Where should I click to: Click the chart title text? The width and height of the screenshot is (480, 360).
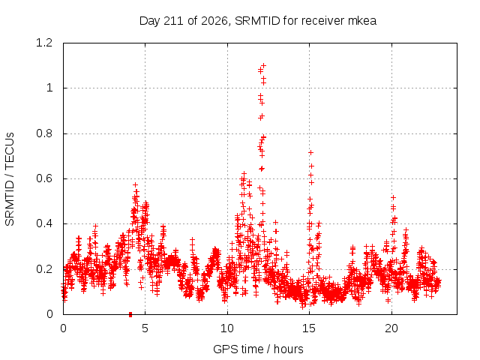pos(258,21)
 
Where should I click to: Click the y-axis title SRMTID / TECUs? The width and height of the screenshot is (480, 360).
pos(10,179)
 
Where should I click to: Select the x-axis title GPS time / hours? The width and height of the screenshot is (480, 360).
pos(258,349)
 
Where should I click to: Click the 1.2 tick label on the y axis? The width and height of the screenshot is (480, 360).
pos(44,43)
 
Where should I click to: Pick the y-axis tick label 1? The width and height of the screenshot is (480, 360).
pos(49,88)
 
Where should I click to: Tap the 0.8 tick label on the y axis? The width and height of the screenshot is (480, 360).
pos(44,133)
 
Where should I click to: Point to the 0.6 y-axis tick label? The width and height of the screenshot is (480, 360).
pos(44,178)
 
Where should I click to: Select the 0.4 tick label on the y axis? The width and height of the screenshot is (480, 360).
pos(44,223)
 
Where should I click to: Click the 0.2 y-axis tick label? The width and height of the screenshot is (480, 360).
pos(44,269)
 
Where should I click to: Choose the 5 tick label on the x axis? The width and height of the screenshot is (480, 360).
pos(145,328)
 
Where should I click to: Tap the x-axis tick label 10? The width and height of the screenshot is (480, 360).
pos(227,328)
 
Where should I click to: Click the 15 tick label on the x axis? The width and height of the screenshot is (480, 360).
pos(309,328)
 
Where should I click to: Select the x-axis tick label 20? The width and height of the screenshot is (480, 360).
pos(391,328)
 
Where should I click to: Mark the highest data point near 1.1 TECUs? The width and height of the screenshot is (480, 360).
pos(263,65)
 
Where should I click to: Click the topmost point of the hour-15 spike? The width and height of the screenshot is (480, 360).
pos(310,152)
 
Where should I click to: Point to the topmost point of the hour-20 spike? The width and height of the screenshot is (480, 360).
pos(393,198)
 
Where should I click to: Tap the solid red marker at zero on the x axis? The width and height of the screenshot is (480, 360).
pos(130,314)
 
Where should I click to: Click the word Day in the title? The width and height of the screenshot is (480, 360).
pos(149,22)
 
